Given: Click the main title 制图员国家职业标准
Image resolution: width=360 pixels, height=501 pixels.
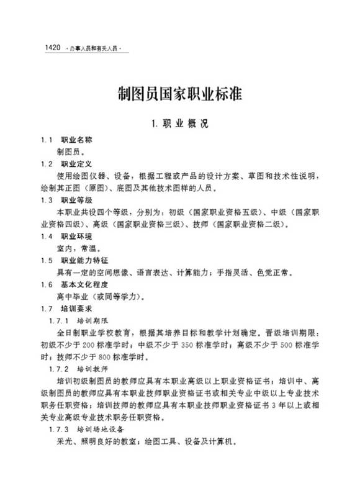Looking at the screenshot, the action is click(180, 94).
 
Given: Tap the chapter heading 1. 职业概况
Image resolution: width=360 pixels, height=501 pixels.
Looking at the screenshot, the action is click(180, 123).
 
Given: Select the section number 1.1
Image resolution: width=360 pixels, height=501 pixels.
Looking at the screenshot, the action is click(45, 140).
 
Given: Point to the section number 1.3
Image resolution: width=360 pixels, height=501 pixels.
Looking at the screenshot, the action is click(45, 200).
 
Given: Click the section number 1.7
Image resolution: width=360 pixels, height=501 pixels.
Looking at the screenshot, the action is click(45, 308).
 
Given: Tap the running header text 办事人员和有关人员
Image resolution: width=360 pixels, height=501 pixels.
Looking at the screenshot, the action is click(95, 48).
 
